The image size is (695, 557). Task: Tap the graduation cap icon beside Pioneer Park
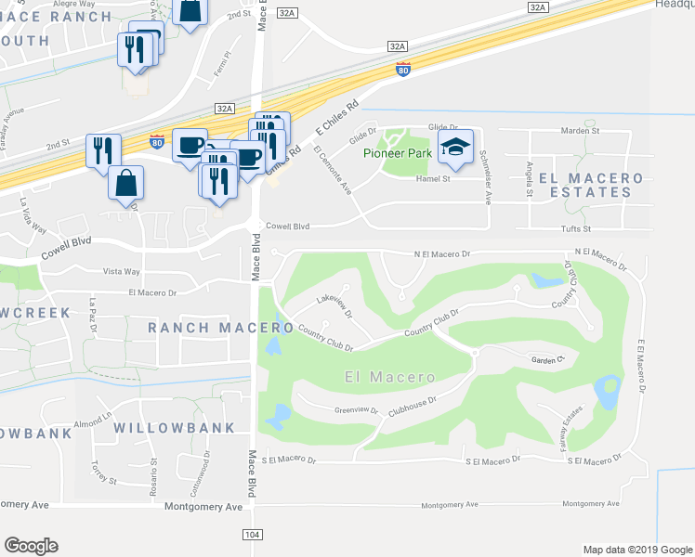[x=455, y=148]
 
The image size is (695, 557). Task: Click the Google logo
[x=31, y=546]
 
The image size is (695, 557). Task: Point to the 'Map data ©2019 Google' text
[x=636, y=550]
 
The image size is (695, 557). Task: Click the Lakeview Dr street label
[x=335, y=305]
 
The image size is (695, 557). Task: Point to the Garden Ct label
[x=547, y=360]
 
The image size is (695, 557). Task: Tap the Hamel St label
[x=433, y=178]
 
